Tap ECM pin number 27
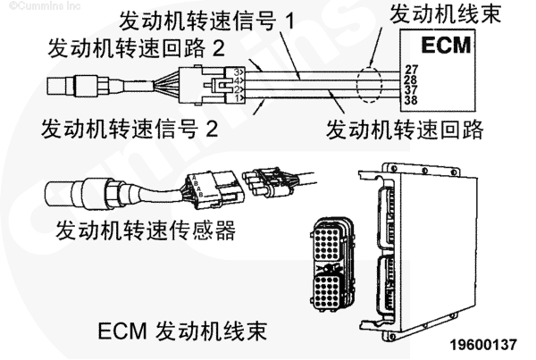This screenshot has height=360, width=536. pyautogui.click(x=411, y=68)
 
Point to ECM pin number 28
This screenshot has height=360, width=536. pyautogui.click(x=411, y=79)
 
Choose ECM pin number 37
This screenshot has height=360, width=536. pyautogui.click(x=411, y=89)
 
